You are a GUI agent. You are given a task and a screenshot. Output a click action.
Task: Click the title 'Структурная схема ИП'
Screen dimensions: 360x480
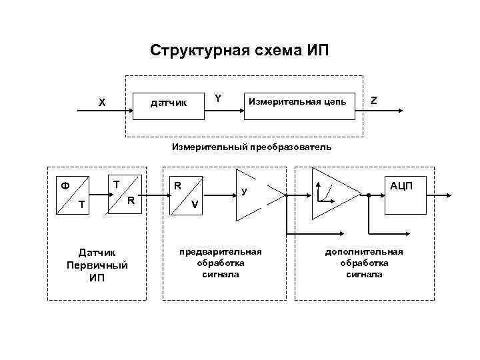[239, 51]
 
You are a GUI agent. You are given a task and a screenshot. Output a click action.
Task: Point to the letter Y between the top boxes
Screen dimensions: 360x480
[218, 99]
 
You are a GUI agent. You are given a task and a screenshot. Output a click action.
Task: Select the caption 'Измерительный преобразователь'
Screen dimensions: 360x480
[251, 146]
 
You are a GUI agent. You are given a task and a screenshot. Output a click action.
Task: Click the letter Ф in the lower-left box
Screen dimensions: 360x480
[65, 184]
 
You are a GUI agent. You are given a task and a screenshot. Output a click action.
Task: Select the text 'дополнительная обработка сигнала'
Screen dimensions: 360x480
[363, 263]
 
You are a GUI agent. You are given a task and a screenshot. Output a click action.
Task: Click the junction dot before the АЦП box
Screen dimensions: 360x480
[368, 195]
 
